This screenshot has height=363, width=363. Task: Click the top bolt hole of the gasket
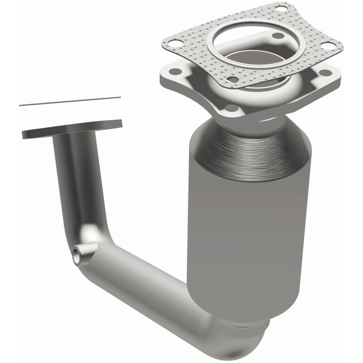click(281, 9)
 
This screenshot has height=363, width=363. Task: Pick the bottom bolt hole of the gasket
click(233, 80)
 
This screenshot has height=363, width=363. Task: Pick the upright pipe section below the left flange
click(73, 181)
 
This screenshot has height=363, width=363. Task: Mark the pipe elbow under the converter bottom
click(236, 338)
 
